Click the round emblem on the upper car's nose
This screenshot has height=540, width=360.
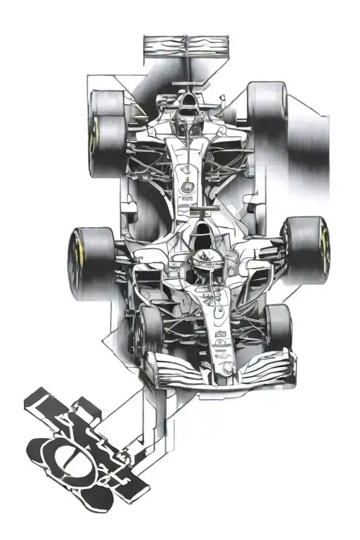(x=187, y=187)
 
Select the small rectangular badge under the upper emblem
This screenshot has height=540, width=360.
(x=187, y=199)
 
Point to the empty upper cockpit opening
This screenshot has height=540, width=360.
(x=188, y=112)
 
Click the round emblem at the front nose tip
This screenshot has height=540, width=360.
(x=225, y=368)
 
